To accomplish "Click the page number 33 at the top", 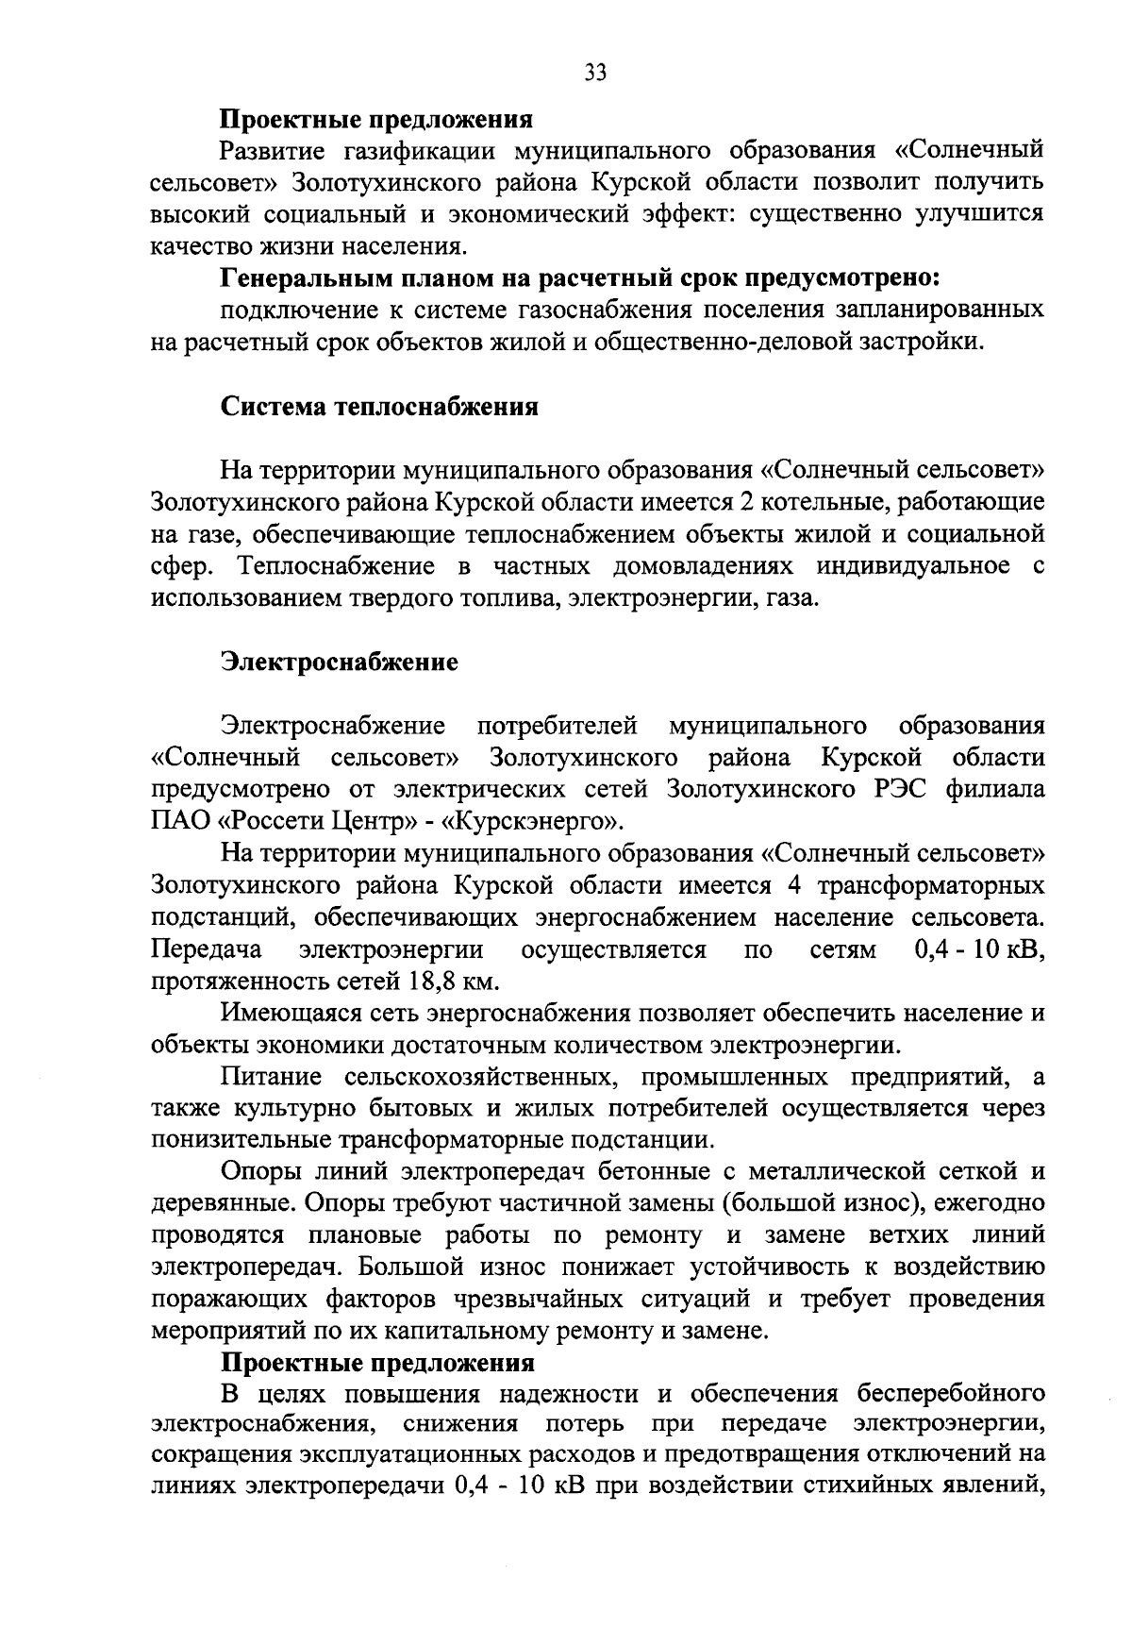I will [596, 73].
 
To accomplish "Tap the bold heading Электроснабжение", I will [340, 662].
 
